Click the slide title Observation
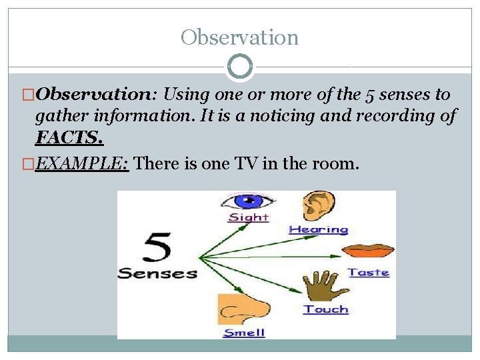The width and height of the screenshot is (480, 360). click(239, 37)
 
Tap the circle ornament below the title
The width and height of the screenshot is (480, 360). click(239, 67)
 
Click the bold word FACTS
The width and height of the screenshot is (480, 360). click(69, 138)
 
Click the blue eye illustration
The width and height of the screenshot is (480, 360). click(248, 201)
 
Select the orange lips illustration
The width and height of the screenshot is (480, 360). click(368, 252)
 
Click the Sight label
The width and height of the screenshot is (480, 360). click(248, 217)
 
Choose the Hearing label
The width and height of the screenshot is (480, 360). click(318, 229)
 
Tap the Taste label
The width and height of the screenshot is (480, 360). click(368, 272)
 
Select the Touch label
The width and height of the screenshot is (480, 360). click(326, 309)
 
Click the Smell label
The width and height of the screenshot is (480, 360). click(244, 332)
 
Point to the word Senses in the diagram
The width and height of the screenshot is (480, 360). click(157, 273)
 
